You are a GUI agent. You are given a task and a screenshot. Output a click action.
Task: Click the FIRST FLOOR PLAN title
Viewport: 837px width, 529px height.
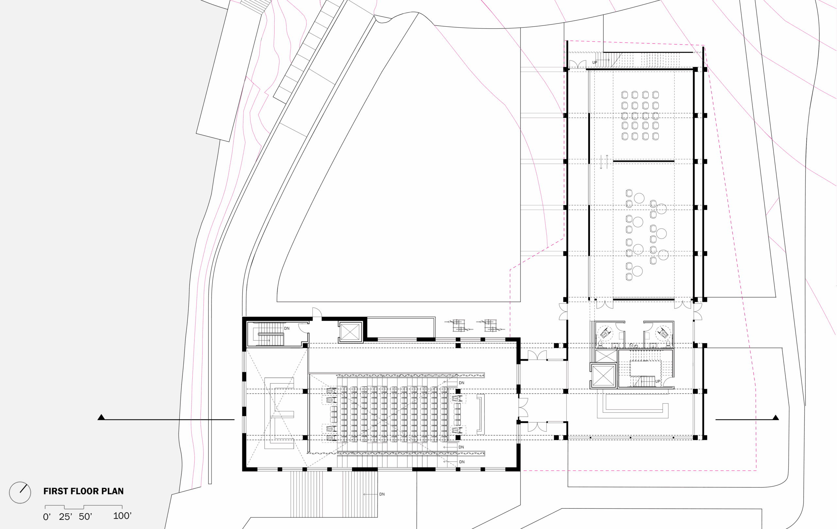point(83,491)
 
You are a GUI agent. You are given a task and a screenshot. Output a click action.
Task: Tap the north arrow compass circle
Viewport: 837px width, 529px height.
point(20,492)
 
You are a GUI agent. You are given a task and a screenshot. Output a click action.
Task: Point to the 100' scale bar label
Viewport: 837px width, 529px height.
point(122,516)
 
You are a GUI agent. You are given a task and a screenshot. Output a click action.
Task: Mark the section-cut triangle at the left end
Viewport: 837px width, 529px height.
point(101,417)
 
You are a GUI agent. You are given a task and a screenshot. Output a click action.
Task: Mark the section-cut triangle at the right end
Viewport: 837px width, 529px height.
point(776,418)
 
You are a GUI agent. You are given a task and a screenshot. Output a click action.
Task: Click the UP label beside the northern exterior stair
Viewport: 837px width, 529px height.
point(595,62)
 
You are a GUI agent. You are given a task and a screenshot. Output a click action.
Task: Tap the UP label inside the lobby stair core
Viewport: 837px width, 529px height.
point(658,381)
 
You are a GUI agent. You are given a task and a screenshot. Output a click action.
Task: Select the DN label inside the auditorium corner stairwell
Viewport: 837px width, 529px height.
point(287,328)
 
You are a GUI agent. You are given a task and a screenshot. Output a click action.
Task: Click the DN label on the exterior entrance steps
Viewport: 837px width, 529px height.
point(382,494)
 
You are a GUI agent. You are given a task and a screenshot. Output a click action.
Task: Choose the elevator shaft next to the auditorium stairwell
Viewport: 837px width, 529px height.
point(350,332)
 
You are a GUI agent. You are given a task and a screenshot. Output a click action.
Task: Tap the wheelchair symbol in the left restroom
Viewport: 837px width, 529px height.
point(605,333)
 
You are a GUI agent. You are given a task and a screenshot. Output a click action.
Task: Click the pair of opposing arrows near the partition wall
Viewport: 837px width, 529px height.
point(604,162)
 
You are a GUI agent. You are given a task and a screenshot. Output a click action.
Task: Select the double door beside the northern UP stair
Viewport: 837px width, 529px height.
point(578,65)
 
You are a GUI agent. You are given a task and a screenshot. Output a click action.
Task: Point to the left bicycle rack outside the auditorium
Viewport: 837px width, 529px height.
point(458,325)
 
